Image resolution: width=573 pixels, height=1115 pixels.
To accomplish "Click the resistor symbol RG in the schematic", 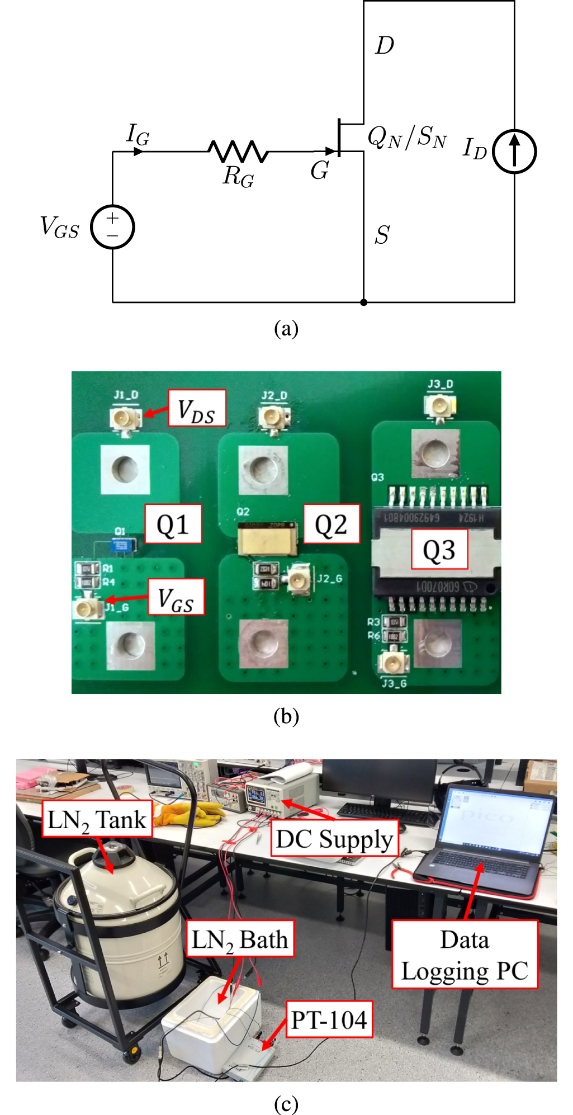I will tap(238, 152).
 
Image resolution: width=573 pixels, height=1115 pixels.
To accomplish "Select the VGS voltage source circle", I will tap(112, 227).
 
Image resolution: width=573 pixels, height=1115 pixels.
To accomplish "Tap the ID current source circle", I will tap(514, 152).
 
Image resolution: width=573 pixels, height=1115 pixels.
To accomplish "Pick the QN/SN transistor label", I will tap(407, 137).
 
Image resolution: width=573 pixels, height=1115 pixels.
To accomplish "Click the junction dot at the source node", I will tap(364, 303).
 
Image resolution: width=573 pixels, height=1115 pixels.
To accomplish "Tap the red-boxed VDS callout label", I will tap(197, 409).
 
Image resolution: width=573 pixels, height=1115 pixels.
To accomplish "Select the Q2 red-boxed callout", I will tap(331, 524).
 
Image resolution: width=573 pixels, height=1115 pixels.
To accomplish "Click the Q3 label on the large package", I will tap(439, 550).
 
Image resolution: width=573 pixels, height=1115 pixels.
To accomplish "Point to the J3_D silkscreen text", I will tap(441, 385).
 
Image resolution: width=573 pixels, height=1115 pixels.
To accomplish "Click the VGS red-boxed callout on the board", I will tap(176, 597).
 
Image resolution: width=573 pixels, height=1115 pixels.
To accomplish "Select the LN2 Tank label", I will tap(97, 819).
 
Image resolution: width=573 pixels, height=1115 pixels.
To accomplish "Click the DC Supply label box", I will tap(334, 839).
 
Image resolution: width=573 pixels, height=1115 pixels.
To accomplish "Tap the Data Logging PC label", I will tap(465, 955).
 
